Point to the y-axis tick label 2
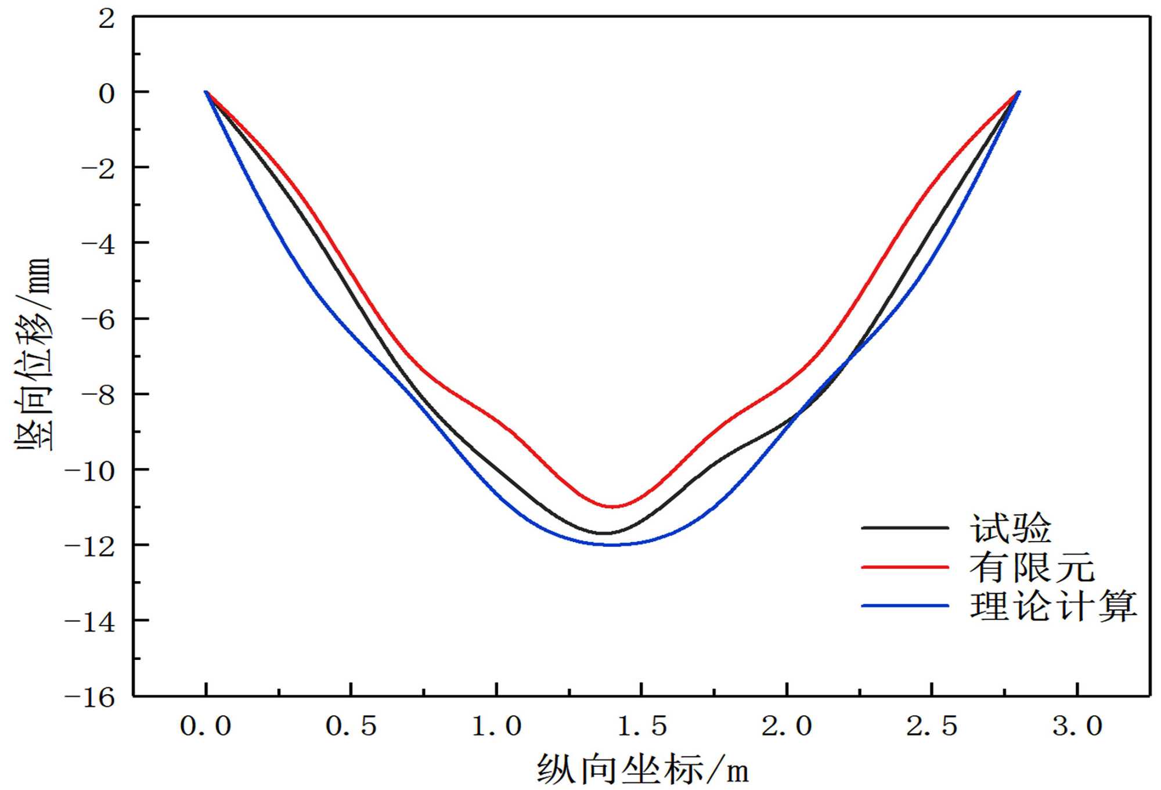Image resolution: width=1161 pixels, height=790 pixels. pos(107,19)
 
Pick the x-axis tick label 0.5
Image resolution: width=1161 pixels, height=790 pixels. pos(351,727)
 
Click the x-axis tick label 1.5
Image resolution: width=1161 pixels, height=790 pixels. pos(641,727)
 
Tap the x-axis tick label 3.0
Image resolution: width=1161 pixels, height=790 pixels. pos(1077,727)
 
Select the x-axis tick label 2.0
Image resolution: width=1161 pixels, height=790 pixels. pos(787,727)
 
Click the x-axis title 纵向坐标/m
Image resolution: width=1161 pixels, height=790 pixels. pos(642,770)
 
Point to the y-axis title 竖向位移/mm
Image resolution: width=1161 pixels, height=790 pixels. pos(34,354)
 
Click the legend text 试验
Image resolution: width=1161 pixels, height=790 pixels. pos(1011,528)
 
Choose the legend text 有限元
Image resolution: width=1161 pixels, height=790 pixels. pos(1032,567)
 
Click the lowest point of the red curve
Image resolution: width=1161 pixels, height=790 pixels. pos(613,507)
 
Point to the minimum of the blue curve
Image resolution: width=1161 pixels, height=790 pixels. pos(612,545)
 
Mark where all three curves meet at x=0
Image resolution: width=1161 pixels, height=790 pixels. pos(206,92)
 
